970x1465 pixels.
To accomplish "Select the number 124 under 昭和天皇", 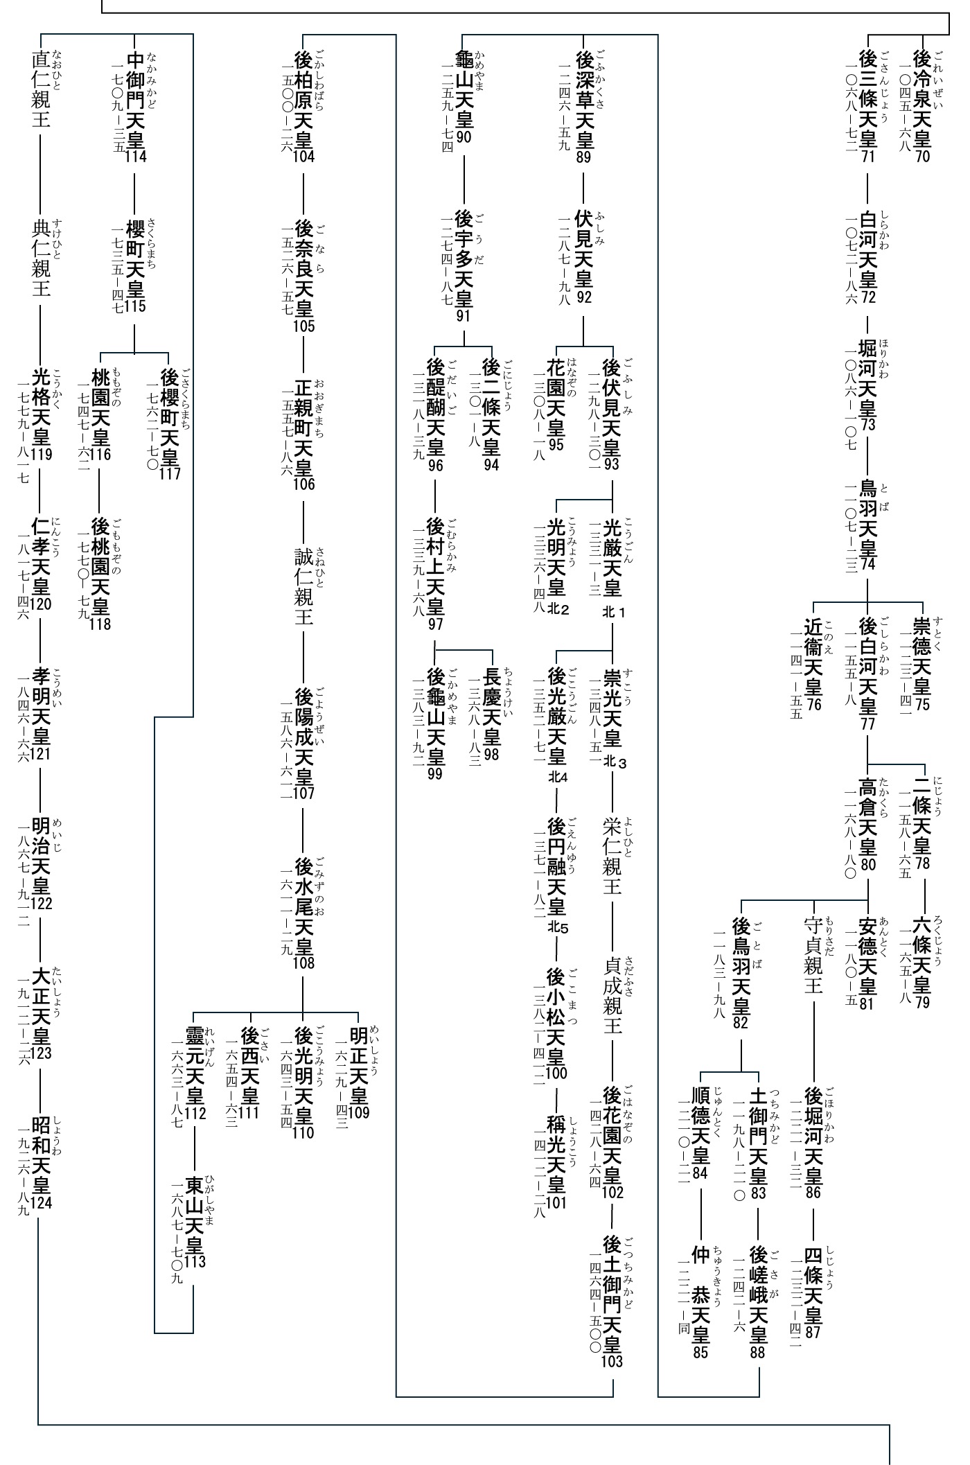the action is click(42, 1202).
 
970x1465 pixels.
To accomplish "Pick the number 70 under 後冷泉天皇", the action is click(922, 156).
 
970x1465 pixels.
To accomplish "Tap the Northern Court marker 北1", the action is click(614, 613).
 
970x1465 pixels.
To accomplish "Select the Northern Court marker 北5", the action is click(558, 927).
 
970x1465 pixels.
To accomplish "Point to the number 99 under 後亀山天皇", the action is click(435, 774).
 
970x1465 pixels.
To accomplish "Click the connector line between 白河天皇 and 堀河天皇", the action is click(867, 323).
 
